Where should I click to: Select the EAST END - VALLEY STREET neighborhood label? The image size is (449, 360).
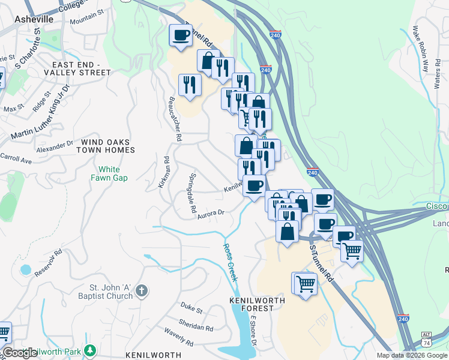[x=82, y=68]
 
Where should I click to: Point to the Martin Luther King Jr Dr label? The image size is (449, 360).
[x=40, y=113]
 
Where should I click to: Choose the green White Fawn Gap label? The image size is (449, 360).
[x=109, y=173]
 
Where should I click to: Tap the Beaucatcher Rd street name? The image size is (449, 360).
[x=175, y=119]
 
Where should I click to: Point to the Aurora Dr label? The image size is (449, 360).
[x=211, y=214]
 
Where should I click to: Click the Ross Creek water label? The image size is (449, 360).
[x=231, y=262]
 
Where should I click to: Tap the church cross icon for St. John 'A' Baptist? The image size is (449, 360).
[x=141, y=292]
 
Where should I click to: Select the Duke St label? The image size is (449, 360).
[x=191, y=308]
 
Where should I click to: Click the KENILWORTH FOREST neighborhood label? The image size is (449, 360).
[x=252, y=304]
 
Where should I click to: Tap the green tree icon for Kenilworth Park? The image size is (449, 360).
[x=90, y=350]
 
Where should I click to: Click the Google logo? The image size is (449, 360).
[x=20, y=353]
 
